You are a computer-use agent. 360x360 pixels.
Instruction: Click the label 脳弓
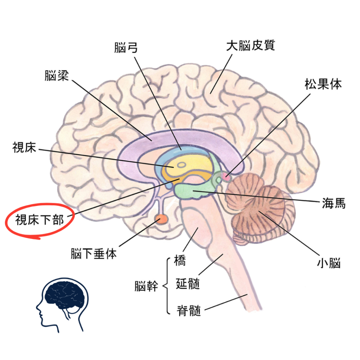click(x=126, y=47)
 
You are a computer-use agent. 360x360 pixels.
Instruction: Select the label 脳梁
click(x=56, y=76)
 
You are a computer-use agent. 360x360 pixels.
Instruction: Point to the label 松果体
click(x=323, y=84)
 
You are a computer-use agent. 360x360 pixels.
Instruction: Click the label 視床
click(x=24, y=148)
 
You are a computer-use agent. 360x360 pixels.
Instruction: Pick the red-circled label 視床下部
click(x=39, y=220)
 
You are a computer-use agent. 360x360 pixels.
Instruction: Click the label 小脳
click(x=329, y=263)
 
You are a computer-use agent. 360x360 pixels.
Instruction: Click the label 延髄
click(x=188, y=284)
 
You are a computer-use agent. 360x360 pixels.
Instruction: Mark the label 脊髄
click(x=189, y=310)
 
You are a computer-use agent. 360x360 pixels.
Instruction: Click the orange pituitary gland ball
click(x=162, y=219)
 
